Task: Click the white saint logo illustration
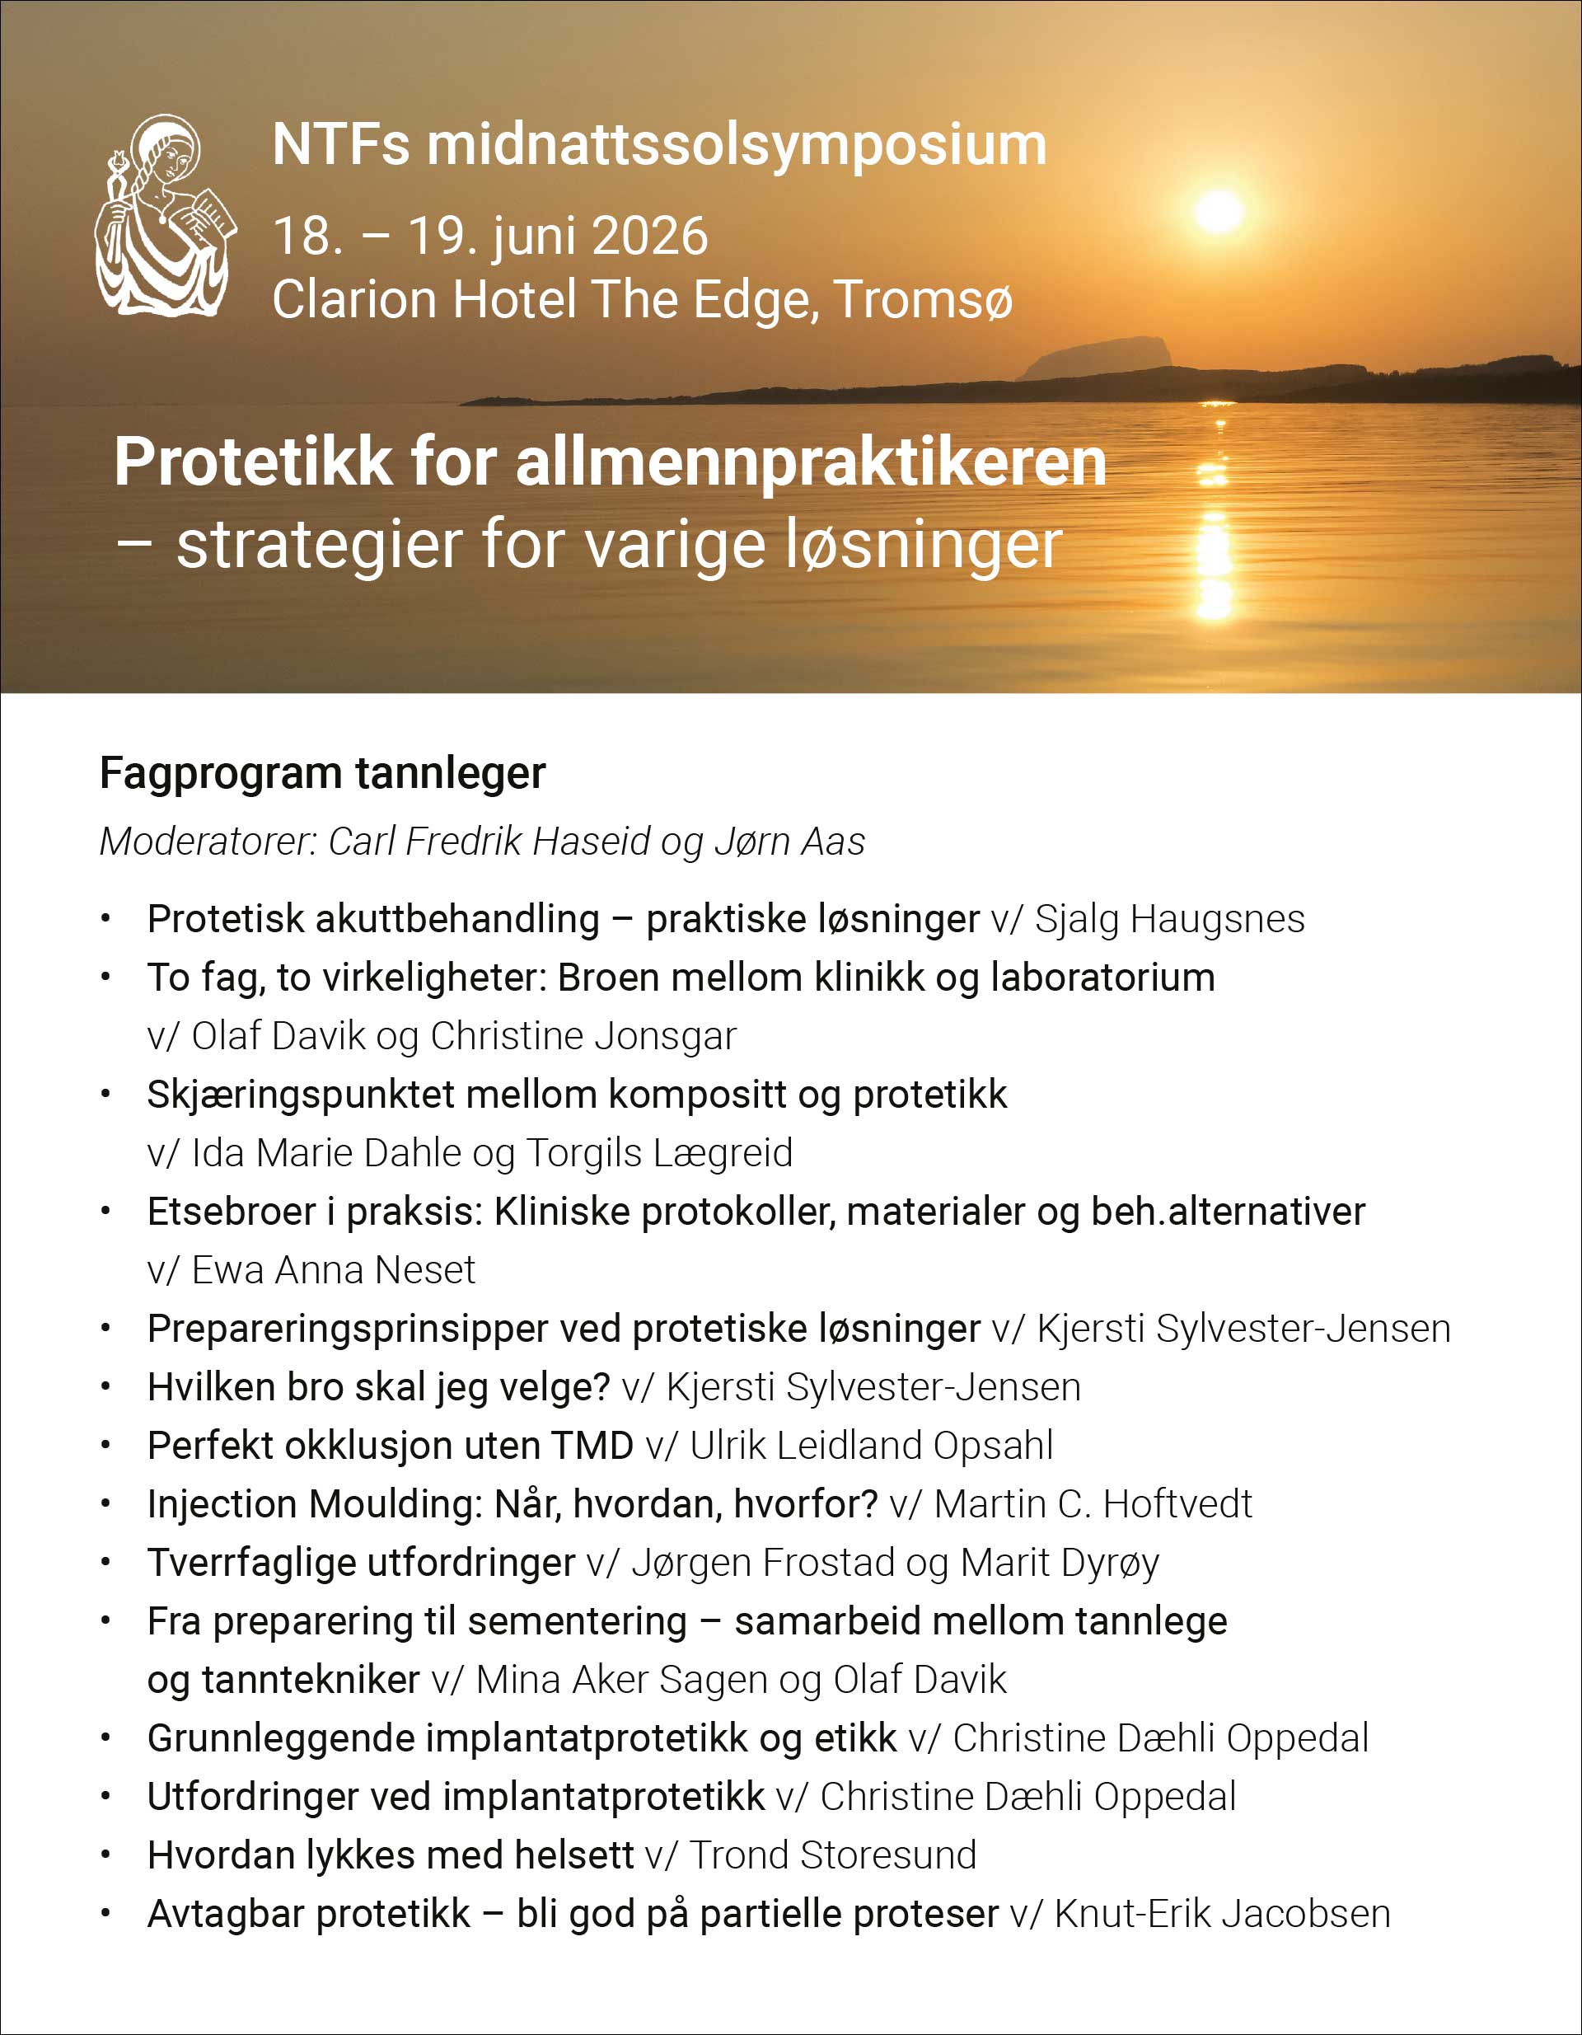163,216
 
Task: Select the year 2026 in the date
649,236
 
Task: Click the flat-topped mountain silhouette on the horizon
1096,358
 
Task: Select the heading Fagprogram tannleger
322,773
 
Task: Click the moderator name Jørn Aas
790,842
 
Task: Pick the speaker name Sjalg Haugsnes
1169,920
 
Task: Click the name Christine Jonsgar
583,1036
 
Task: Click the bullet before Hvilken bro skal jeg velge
106,1388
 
